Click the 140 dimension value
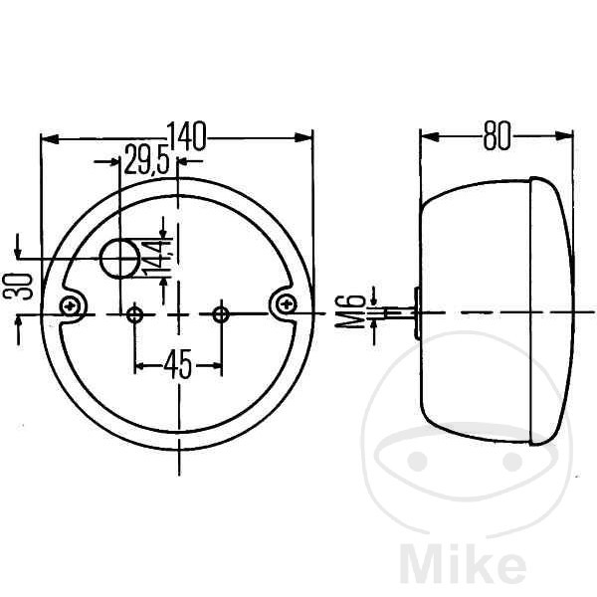pos(187,135)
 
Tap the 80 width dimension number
pos(497,135)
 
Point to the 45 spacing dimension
pos(178,364)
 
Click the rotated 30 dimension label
pos(18,287)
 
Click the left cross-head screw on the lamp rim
pos(70,305)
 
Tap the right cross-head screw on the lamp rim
pos(286,303)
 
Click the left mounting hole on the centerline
pos(134,314)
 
